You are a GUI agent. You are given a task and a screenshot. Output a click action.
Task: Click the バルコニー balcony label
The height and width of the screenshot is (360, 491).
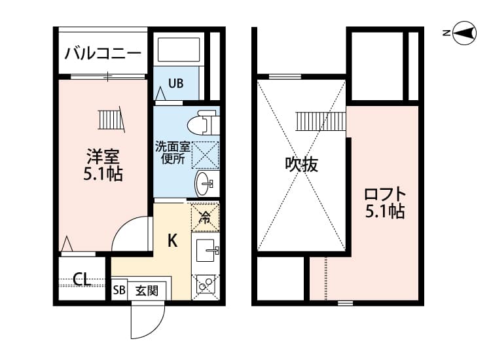pos(101,53)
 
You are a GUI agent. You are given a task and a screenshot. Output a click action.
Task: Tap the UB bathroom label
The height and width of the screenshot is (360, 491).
pos(175,83)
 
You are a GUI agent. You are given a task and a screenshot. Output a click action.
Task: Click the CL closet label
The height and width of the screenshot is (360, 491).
pos(82,280)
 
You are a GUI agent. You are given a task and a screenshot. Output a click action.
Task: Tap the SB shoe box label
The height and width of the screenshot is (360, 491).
pos(119,289)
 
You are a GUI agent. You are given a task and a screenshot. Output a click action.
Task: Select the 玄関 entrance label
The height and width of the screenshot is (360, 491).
pos(147,289)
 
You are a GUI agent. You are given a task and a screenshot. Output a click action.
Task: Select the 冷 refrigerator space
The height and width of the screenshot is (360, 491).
pos(205,217)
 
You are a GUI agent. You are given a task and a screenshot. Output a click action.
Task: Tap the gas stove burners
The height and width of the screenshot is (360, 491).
pos(206,285)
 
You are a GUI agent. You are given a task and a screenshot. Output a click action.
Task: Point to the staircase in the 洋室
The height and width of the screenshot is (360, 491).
pos(110,120)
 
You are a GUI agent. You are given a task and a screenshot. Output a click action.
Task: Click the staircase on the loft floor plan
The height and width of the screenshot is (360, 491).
pos(319,121)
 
